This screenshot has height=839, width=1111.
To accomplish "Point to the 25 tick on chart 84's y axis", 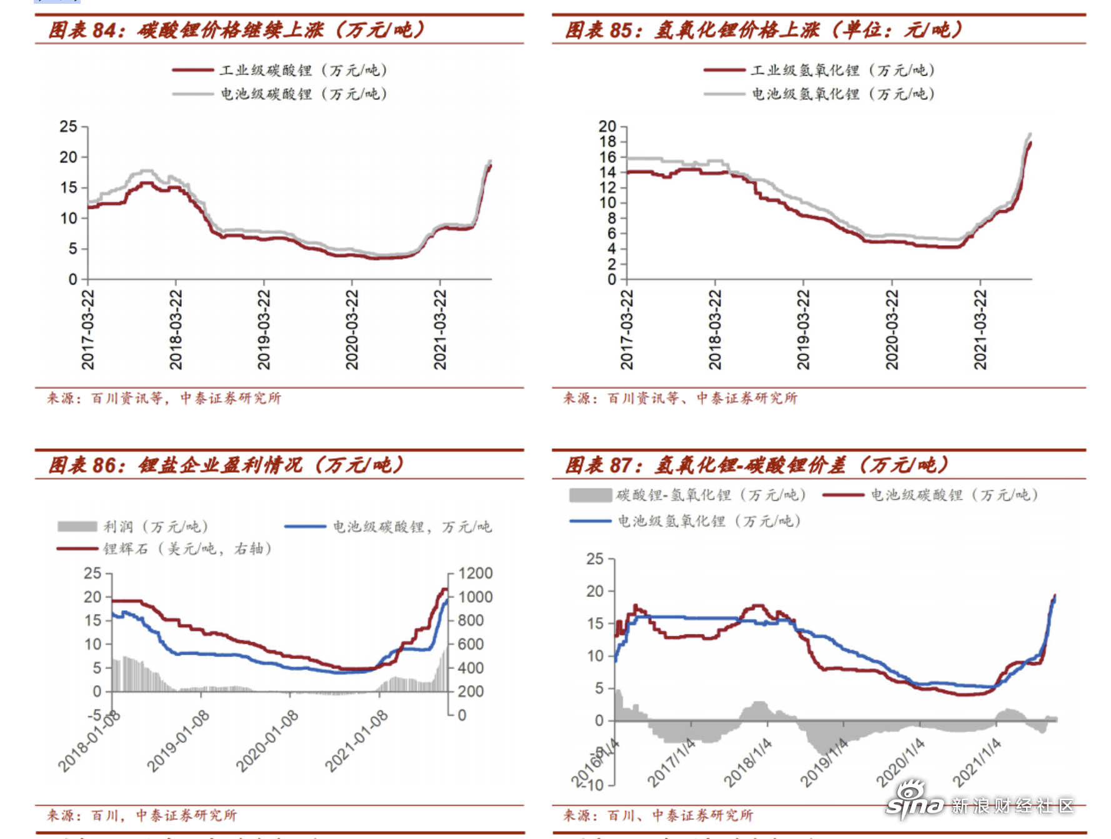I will pos(69,127).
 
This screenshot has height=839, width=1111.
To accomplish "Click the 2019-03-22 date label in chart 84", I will pos(264,329).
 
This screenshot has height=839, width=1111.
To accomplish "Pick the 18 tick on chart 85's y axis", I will pos(607,142).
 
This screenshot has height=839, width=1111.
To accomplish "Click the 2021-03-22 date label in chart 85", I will pos(980,329).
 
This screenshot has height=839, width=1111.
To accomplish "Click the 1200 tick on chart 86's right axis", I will pos(475,573).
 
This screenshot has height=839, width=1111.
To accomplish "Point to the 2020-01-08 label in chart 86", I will pos(267,741).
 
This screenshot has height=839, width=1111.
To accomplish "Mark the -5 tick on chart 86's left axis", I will pos(94,715).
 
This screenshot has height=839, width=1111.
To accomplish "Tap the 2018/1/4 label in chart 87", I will pos(747,762).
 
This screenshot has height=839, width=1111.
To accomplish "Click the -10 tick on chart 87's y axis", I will pos(595,785).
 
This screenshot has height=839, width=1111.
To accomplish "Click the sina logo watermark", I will pos(915,801).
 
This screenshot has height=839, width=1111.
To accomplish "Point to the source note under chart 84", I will pos(164,398).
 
